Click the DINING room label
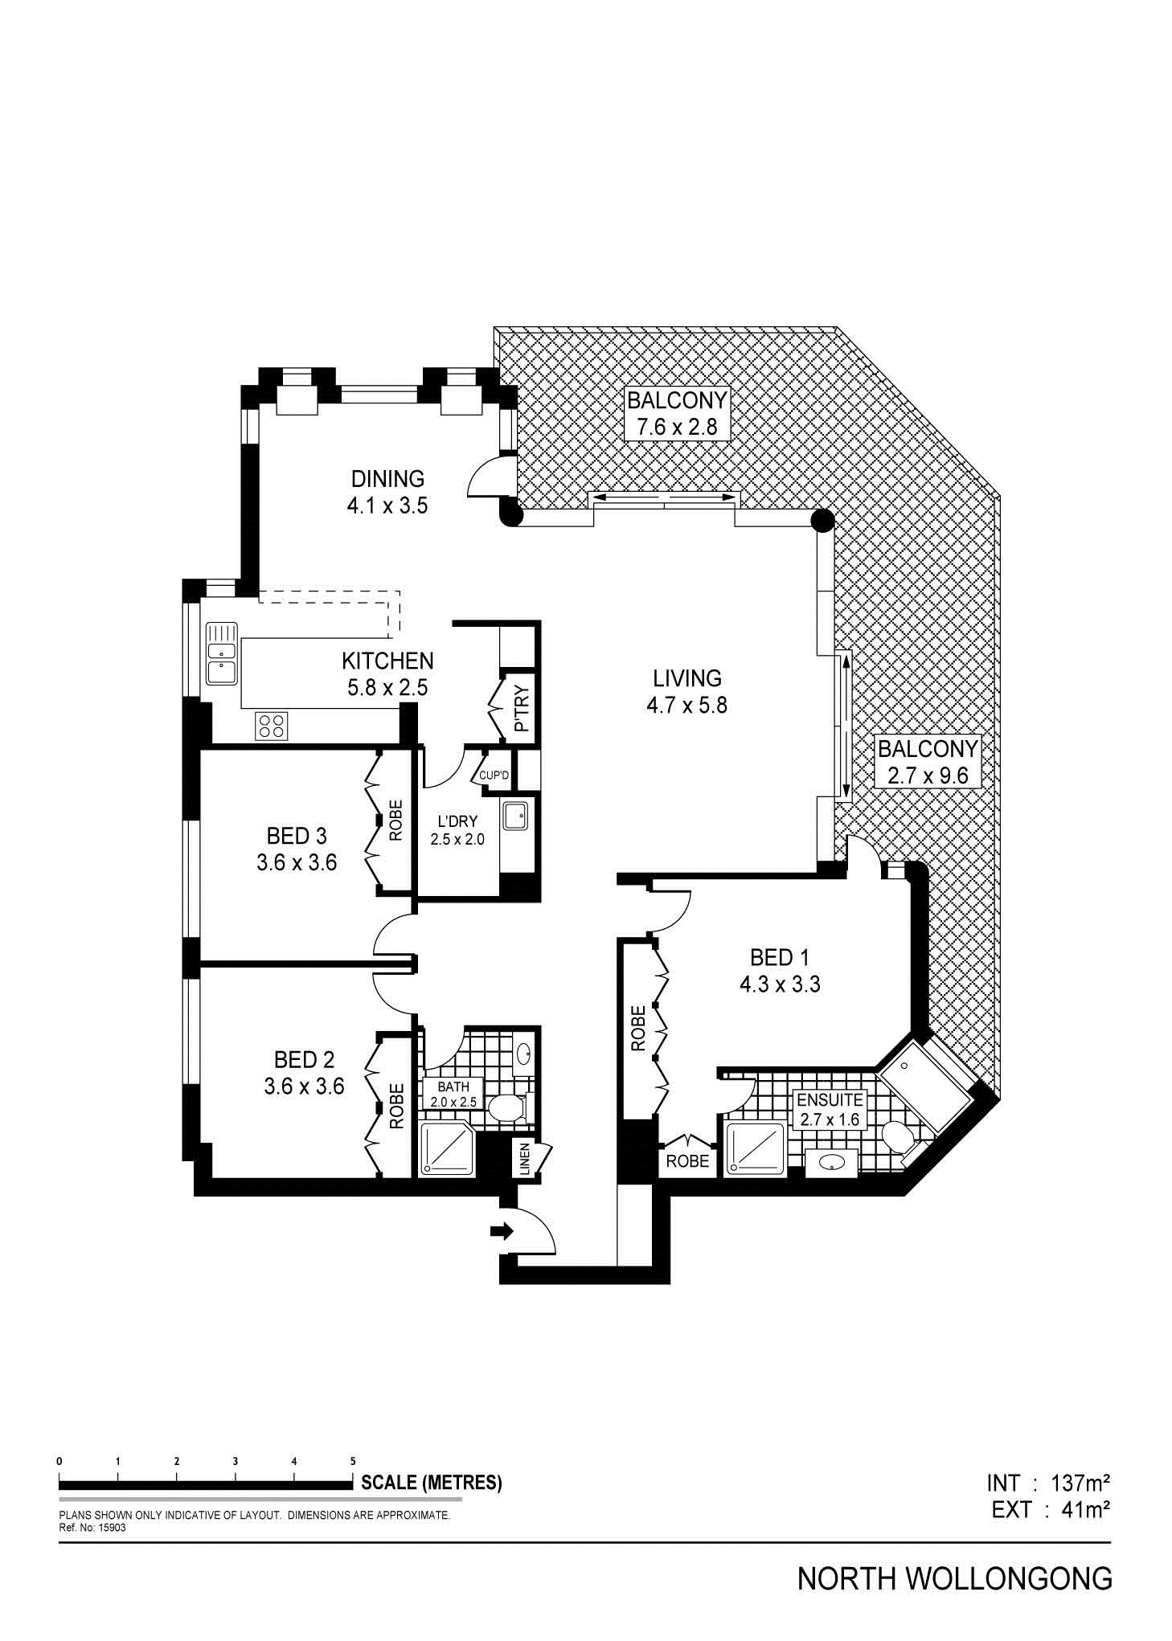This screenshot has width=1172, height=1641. tap(387, 479)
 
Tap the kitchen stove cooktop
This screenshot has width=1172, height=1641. tap(272, 726)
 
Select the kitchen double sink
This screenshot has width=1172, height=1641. tap(221, 653)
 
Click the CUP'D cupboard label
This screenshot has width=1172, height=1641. tap(494, 775)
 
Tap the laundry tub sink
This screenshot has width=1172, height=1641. tap(514, 816)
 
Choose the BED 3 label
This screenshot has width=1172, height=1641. tap(297, 836)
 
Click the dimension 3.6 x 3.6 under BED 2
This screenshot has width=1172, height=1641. tap(304, 1086)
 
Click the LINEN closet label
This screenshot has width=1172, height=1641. tap(525, 1160)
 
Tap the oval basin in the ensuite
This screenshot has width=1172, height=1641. tap(831, 1161)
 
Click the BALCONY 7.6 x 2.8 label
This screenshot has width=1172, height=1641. tap(677, 413)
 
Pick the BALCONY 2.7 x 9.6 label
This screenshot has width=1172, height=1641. tap(927, 762)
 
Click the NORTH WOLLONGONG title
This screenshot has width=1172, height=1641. tap(955, 1579)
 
